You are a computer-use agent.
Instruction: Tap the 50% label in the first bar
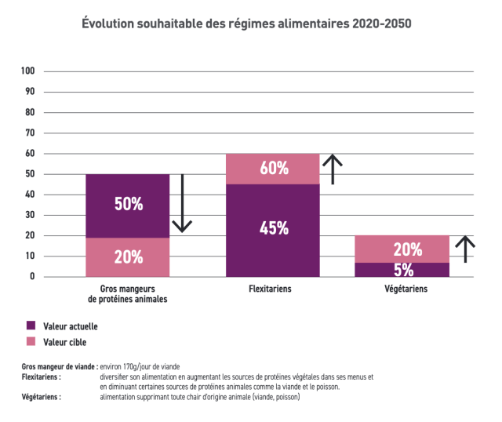(x=128, y=204)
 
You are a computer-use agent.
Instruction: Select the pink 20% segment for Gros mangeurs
(x=128, y=256)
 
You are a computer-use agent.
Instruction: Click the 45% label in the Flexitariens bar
(x=273, y=228)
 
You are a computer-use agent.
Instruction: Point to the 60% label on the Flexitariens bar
(x=273, y=168)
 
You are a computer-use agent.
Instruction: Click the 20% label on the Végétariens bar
(x=406, y=250)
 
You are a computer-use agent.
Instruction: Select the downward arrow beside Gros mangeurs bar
(x=182, y=204)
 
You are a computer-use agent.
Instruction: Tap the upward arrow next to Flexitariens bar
(x=333, y=169)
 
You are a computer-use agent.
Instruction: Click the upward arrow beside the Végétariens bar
(x=466, y=249)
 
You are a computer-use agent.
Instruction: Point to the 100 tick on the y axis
(x=28, y=71)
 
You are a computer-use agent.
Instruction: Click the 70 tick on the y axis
(x=31, y=133)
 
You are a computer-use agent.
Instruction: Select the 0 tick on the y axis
(x=33, y=276)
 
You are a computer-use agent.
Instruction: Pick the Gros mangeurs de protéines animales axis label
(x=127, y=294)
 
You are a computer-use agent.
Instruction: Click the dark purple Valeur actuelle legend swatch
(x=31, y=326)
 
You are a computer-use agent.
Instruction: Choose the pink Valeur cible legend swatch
(x=31, y=341)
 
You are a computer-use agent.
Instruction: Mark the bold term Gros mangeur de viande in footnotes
(x=60, y=367)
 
